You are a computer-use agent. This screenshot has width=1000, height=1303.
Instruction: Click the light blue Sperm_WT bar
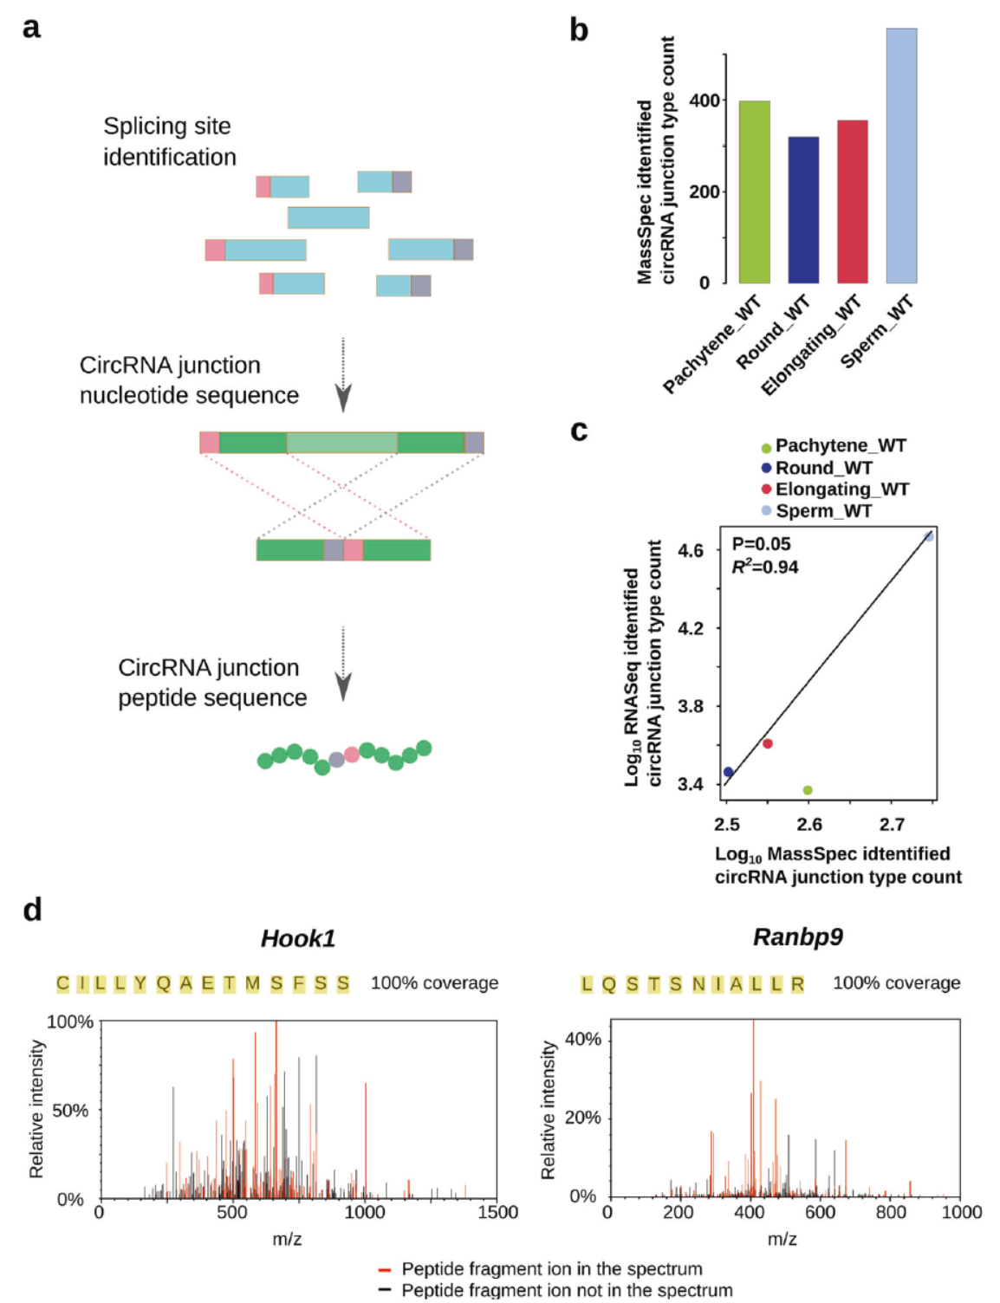[x=901, y=156]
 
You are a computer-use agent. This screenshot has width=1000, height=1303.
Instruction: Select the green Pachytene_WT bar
[x=754, y=192]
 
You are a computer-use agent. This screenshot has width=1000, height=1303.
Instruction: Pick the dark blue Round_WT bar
[x=803, y=211]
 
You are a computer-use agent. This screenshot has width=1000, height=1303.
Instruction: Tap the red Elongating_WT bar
[x=852, y=202]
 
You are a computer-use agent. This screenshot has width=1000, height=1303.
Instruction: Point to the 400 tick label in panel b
[x=705, y=100]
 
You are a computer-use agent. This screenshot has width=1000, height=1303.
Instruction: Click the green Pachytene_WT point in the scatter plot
[x=808, y=790]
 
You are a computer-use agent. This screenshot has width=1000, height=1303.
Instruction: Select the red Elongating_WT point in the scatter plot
[x=767, y=743]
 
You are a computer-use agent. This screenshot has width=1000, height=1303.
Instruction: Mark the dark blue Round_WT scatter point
[x=728, y=772]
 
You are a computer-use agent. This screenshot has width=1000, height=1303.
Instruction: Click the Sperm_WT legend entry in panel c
[x=823, y=511]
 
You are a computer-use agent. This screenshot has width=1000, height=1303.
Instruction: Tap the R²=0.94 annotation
[x=765, y=567]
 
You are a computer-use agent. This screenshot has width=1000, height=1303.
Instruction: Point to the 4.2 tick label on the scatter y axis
[x=691, y=628]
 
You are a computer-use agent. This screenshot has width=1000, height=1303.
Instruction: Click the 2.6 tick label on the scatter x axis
[x=808, y=824]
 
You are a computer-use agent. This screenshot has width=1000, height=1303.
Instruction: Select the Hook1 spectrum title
[x=298, y=938]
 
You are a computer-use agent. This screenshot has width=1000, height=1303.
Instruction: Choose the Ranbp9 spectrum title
[x=797, y=937]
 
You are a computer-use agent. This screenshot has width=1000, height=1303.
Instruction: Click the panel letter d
[x=32, y=910]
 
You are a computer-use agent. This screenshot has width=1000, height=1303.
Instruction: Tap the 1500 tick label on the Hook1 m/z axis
[x=497, y=1212]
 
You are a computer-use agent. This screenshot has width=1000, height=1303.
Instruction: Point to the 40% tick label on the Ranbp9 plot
[x=582, y=1039]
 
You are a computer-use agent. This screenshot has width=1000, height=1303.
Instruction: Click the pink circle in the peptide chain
[x=352, y=755]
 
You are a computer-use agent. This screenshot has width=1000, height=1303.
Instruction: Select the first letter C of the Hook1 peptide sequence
[x=62, y=983]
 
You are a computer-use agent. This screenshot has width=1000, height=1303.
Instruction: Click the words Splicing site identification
[x=169, y=141]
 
